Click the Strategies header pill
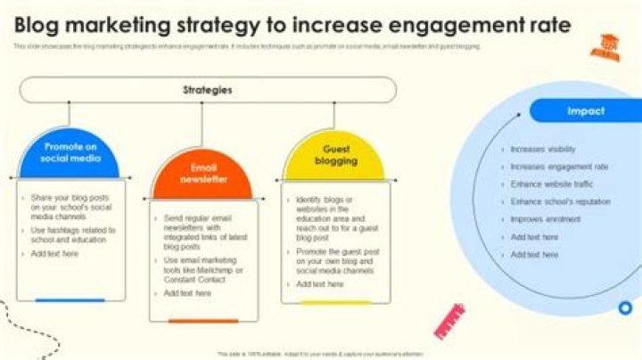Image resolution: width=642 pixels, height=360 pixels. (208, 89)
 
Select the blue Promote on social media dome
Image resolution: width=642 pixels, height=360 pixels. (71, 152)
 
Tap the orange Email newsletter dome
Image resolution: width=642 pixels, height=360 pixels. (203, 173)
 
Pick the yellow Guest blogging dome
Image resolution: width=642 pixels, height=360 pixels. (335, 155)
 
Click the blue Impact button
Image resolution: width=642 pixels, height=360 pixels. (585, 110)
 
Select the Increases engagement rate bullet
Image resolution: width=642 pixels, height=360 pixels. (559, 167)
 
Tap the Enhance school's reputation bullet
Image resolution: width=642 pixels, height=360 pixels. (561, 201)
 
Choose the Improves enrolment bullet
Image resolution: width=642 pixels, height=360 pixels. (546, 219)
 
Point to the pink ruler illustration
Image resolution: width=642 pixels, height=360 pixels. (450, 321)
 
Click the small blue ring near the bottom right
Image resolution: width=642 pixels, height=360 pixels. (625, 308)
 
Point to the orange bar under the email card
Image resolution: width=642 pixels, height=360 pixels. (203, 321)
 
